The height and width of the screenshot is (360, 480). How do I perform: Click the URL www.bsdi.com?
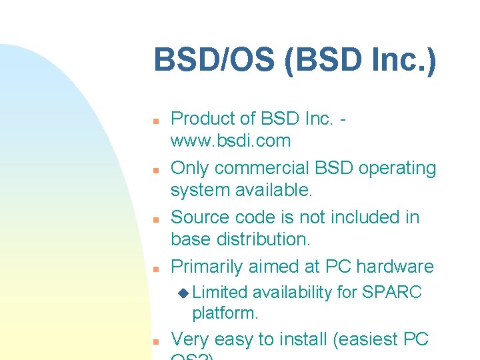(x=231, y=141)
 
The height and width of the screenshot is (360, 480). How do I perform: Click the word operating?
(x=397, y=168)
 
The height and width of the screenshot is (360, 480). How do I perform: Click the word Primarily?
(x=207, y=267)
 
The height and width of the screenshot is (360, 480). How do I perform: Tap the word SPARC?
(x=393, y=292)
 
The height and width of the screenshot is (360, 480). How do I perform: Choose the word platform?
(x=225, y=312)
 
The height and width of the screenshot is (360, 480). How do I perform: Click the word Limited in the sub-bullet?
(x=220, y=292)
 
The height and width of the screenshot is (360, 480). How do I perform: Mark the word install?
(x=301, y=339)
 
